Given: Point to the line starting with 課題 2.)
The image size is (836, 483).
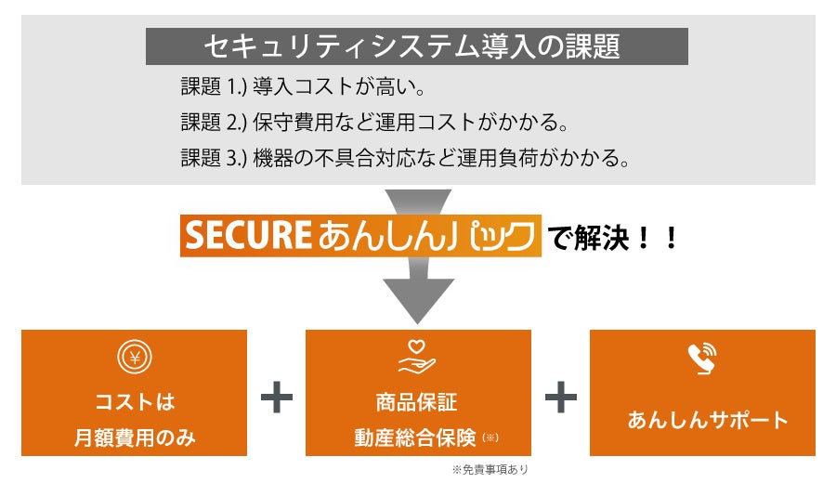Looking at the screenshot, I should (373, 124).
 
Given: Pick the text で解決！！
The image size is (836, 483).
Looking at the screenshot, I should (614, 238).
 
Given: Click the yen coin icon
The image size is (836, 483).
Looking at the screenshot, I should (135, 357).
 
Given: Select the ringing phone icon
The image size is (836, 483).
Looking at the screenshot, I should (702, 357).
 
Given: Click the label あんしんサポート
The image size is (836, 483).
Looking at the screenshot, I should (702, 420).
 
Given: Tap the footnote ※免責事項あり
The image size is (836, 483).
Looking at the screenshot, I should (489, 469).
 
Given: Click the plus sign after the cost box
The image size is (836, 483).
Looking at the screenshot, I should (277, 399).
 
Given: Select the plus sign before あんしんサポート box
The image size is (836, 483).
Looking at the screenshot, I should (560, 399).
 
